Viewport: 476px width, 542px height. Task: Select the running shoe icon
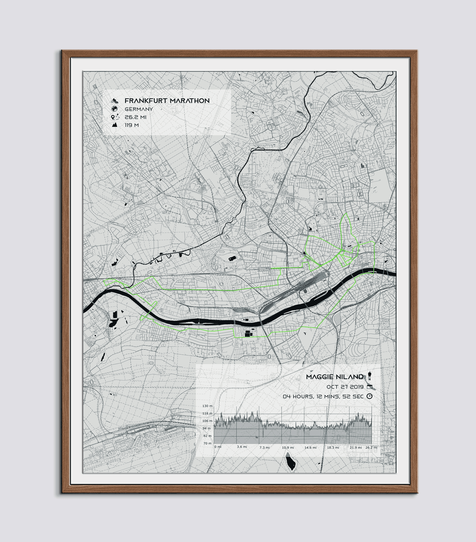pyautogui.click(x=115, y=100)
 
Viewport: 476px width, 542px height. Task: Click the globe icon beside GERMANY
pyautogui.click(x=115, y=109)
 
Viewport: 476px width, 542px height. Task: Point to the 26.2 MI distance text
pyautogui.click(x=135, y=117)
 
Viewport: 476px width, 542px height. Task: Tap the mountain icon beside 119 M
pyautogui.click(x=115, y=126)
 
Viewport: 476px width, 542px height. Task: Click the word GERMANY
pyautogui.click(x=139, y=109)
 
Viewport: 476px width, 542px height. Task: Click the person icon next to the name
pyautogui.click(x=369, y=377)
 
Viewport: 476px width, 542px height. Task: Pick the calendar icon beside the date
pyautogui.click(x=369, y=387)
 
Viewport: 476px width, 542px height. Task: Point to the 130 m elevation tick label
pyautogui.click(x=207, y=406)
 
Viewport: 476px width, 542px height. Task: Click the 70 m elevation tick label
pyautogui.click(x=207, y=443)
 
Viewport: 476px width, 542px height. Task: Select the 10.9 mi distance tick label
pyautogui.click(x=288, y=448)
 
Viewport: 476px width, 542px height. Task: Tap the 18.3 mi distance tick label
pyautogui.click(x=333, y=448)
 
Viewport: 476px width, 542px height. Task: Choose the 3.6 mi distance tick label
pyautogui.click(x=242, y=448)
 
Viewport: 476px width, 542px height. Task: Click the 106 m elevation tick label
pyautogui.click(x=207, y=421)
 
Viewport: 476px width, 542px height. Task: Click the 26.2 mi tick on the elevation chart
pyautogui.click(x=371, y=448)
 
